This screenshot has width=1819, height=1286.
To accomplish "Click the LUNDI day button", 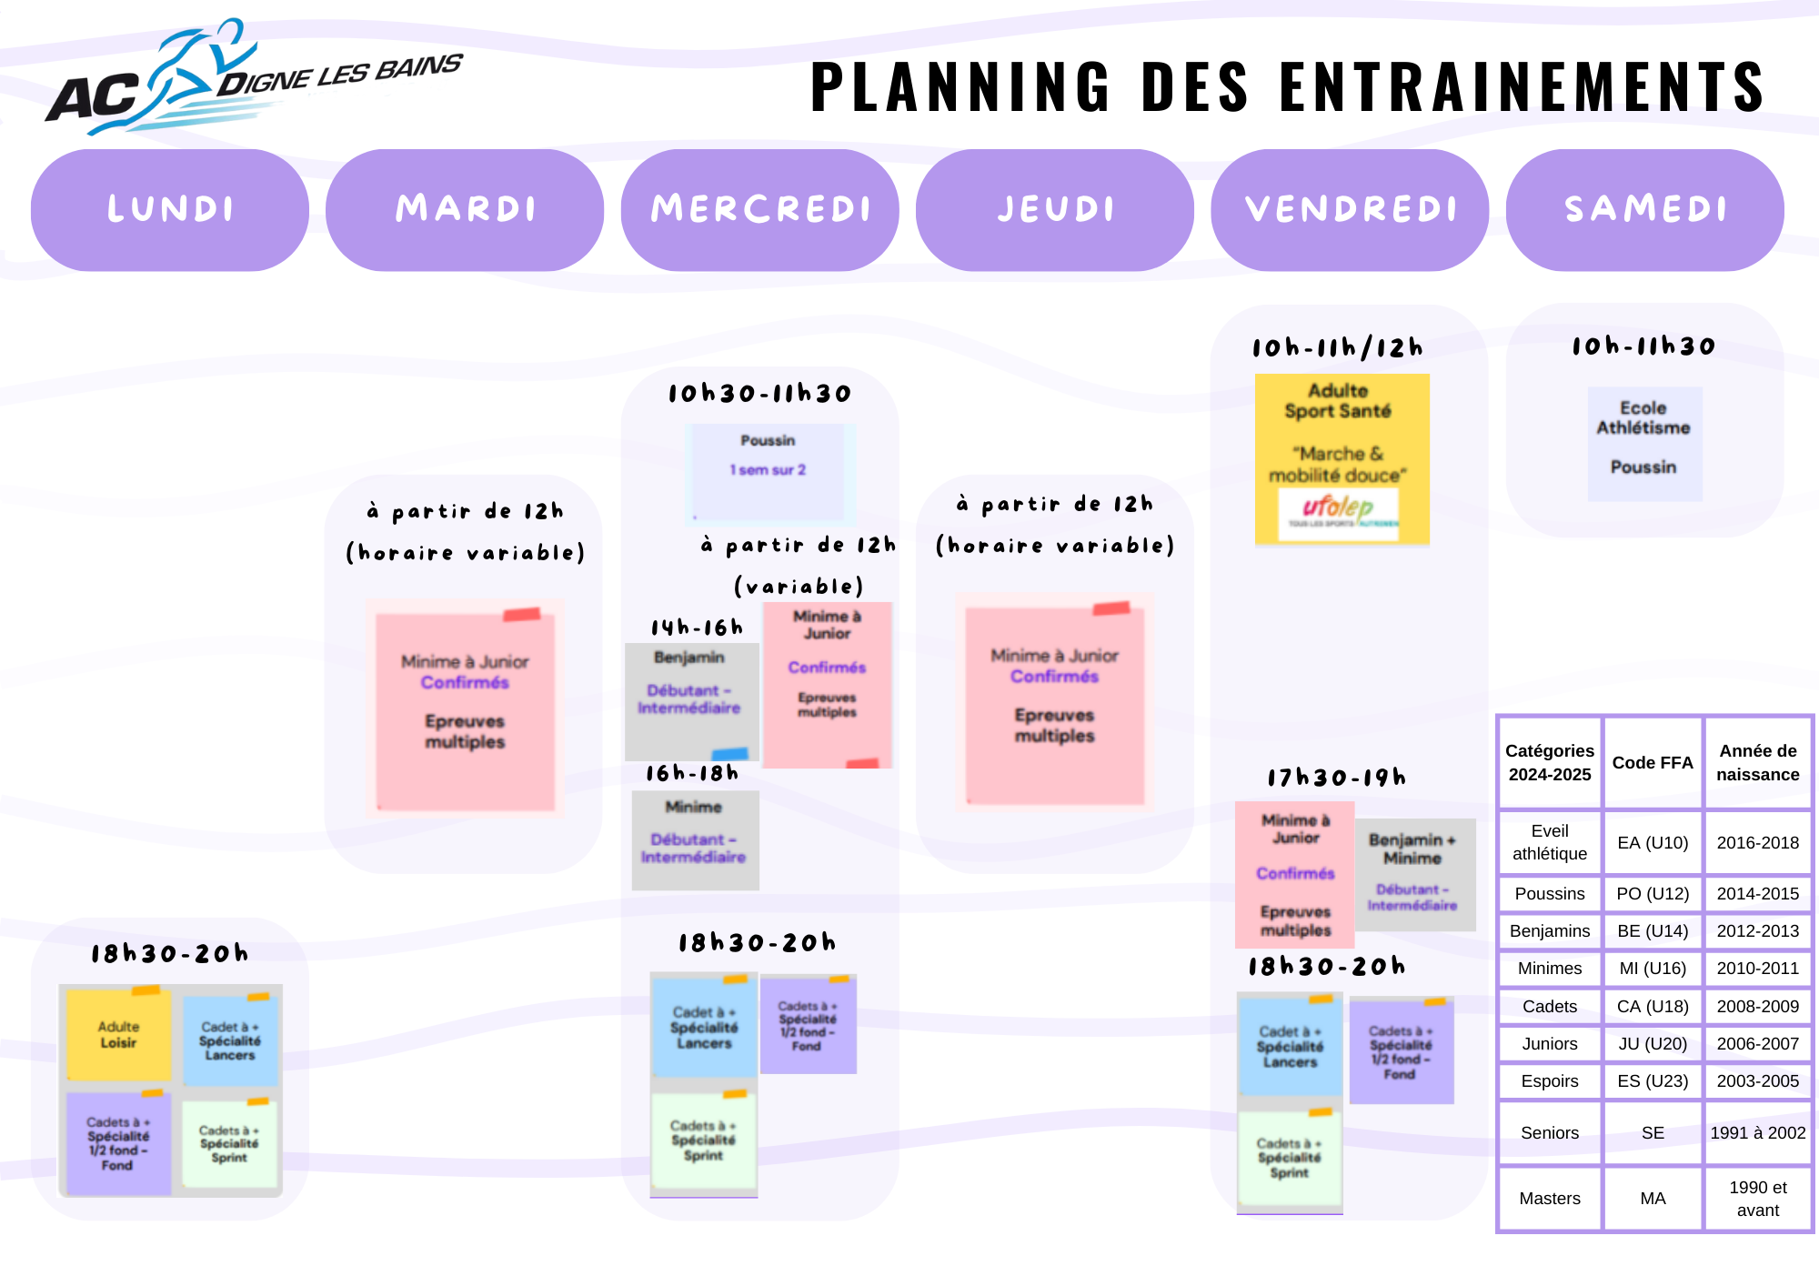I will [x=170, y=210].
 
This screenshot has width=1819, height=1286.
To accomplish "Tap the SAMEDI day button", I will [x=1644, y=210].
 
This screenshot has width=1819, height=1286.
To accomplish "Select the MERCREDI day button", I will [x=760, y=210].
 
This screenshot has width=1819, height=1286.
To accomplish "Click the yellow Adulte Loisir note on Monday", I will [x=119, y=1035].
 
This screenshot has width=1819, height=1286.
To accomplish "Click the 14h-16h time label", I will [x=697, y=628].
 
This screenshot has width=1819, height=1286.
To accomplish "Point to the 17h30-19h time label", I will [x=1337, y=778].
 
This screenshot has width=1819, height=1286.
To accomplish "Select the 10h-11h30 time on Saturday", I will [x=1643, y=347].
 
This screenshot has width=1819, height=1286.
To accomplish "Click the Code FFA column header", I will [x=1653, y=763].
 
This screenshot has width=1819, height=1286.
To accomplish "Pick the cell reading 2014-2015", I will [x=1757, y=894].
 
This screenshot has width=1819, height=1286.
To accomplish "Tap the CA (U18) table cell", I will [x=1653, y=1007].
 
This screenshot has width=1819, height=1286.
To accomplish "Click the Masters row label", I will [x=1550, y=1199].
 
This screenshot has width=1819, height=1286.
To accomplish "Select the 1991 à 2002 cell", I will [x=1757, y=1133].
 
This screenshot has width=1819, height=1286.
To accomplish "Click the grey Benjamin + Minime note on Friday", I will [x=1414, y=874].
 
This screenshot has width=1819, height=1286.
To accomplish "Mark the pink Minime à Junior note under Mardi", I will [x=465, y=709].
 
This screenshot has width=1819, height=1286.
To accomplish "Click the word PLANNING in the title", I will [x=960, y=88].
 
